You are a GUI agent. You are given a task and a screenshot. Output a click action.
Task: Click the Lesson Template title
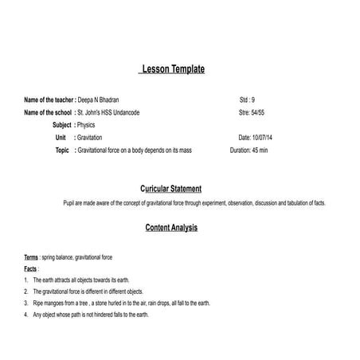172,69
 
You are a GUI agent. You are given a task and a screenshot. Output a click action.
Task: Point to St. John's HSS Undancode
108,113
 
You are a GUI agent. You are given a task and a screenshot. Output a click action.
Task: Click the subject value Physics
87,125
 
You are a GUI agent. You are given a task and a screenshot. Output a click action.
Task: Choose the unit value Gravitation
90,138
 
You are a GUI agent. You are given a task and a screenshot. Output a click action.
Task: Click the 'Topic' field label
62,150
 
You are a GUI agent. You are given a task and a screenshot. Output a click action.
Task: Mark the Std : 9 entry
247,101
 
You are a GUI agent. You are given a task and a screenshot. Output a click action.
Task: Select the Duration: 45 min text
248,150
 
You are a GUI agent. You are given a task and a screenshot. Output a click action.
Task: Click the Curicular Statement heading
170,189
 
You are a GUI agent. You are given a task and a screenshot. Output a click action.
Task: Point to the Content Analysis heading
171,228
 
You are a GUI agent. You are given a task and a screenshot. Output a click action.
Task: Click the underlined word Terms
31,258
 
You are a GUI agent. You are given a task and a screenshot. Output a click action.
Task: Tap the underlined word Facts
30,269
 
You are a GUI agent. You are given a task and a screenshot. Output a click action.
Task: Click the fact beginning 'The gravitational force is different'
88,292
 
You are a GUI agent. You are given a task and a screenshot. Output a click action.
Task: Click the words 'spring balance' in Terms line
58,258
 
